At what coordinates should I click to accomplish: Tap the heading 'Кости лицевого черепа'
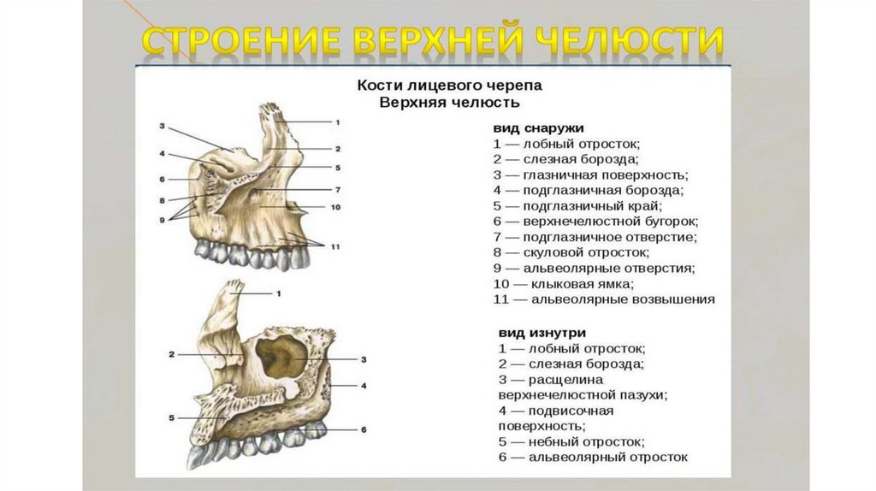coord(449,86)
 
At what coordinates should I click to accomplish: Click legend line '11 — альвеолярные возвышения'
coord(604,299)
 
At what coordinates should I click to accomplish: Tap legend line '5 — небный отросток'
coord(571,441)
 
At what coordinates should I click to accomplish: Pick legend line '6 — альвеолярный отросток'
coord(593,458)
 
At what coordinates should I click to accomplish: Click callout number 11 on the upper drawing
coord(335,246)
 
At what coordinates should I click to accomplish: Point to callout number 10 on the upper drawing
coord(335,207)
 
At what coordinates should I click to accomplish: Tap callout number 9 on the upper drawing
coord(162,220)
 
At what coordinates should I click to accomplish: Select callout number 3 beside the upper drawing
coord(162,126)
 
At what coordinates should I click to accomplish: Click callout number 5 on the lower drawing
coord(172,417)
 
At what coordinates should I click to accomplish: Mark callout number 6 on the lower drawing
coord(364,429)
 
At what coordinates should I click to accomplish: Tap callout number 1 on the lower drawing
coord(279,293)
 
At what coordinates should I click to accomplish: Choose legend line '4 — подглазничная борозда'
coord(590,190)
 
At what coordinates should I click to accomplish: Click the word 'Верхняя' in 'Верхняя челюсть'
coord(411,103)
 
